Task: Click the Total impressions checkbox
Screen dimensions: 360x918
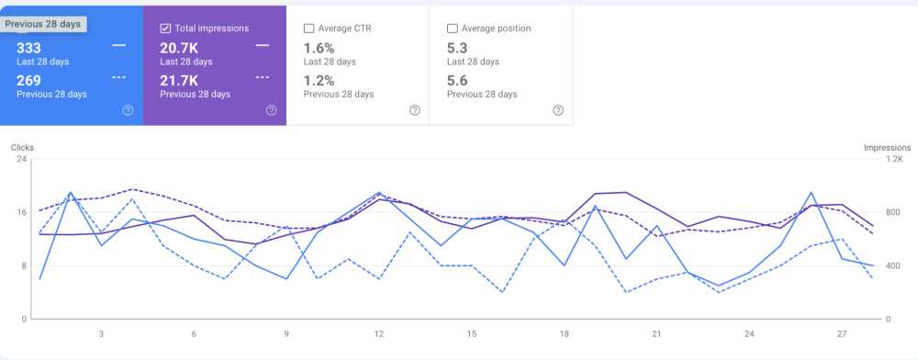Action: [165, 28]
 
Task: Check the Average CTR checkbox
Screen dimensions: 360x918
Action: [309, 28]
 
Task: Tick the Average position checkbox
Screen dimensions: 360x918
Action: [453, 28]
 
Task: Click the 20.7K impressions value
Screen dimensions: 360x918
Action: [178, 47]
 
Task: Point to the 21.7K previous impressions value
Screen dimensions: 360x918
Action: [178, 80]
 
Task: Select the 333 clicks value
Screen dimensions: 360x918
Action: [29, 47]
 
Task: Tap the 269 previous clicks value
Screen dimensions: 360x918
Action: [30, 80]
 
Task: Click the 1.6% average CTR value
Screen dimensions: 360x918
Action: [318, 47]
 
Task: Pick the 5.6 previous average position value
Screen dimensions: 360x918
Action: [457, 80]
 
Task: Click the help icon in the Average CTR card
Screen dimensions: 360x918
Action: [415, 110]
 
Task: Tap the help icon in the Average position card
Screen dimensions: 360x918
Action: [558, 110]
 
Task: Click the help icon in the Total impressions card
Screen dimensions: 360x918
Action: [271, 110]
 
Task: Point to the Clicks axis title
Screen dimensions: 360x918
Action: [22, 147]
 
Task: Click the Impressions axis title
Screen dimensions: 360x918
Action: [887, 147]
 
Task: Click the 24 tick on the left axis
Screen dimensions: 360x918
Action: [21, 159]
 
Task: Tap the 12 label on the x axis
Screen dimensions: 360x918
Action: [378, 334]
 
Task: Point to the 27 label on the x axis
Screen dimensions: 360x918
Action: [843, 334]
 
